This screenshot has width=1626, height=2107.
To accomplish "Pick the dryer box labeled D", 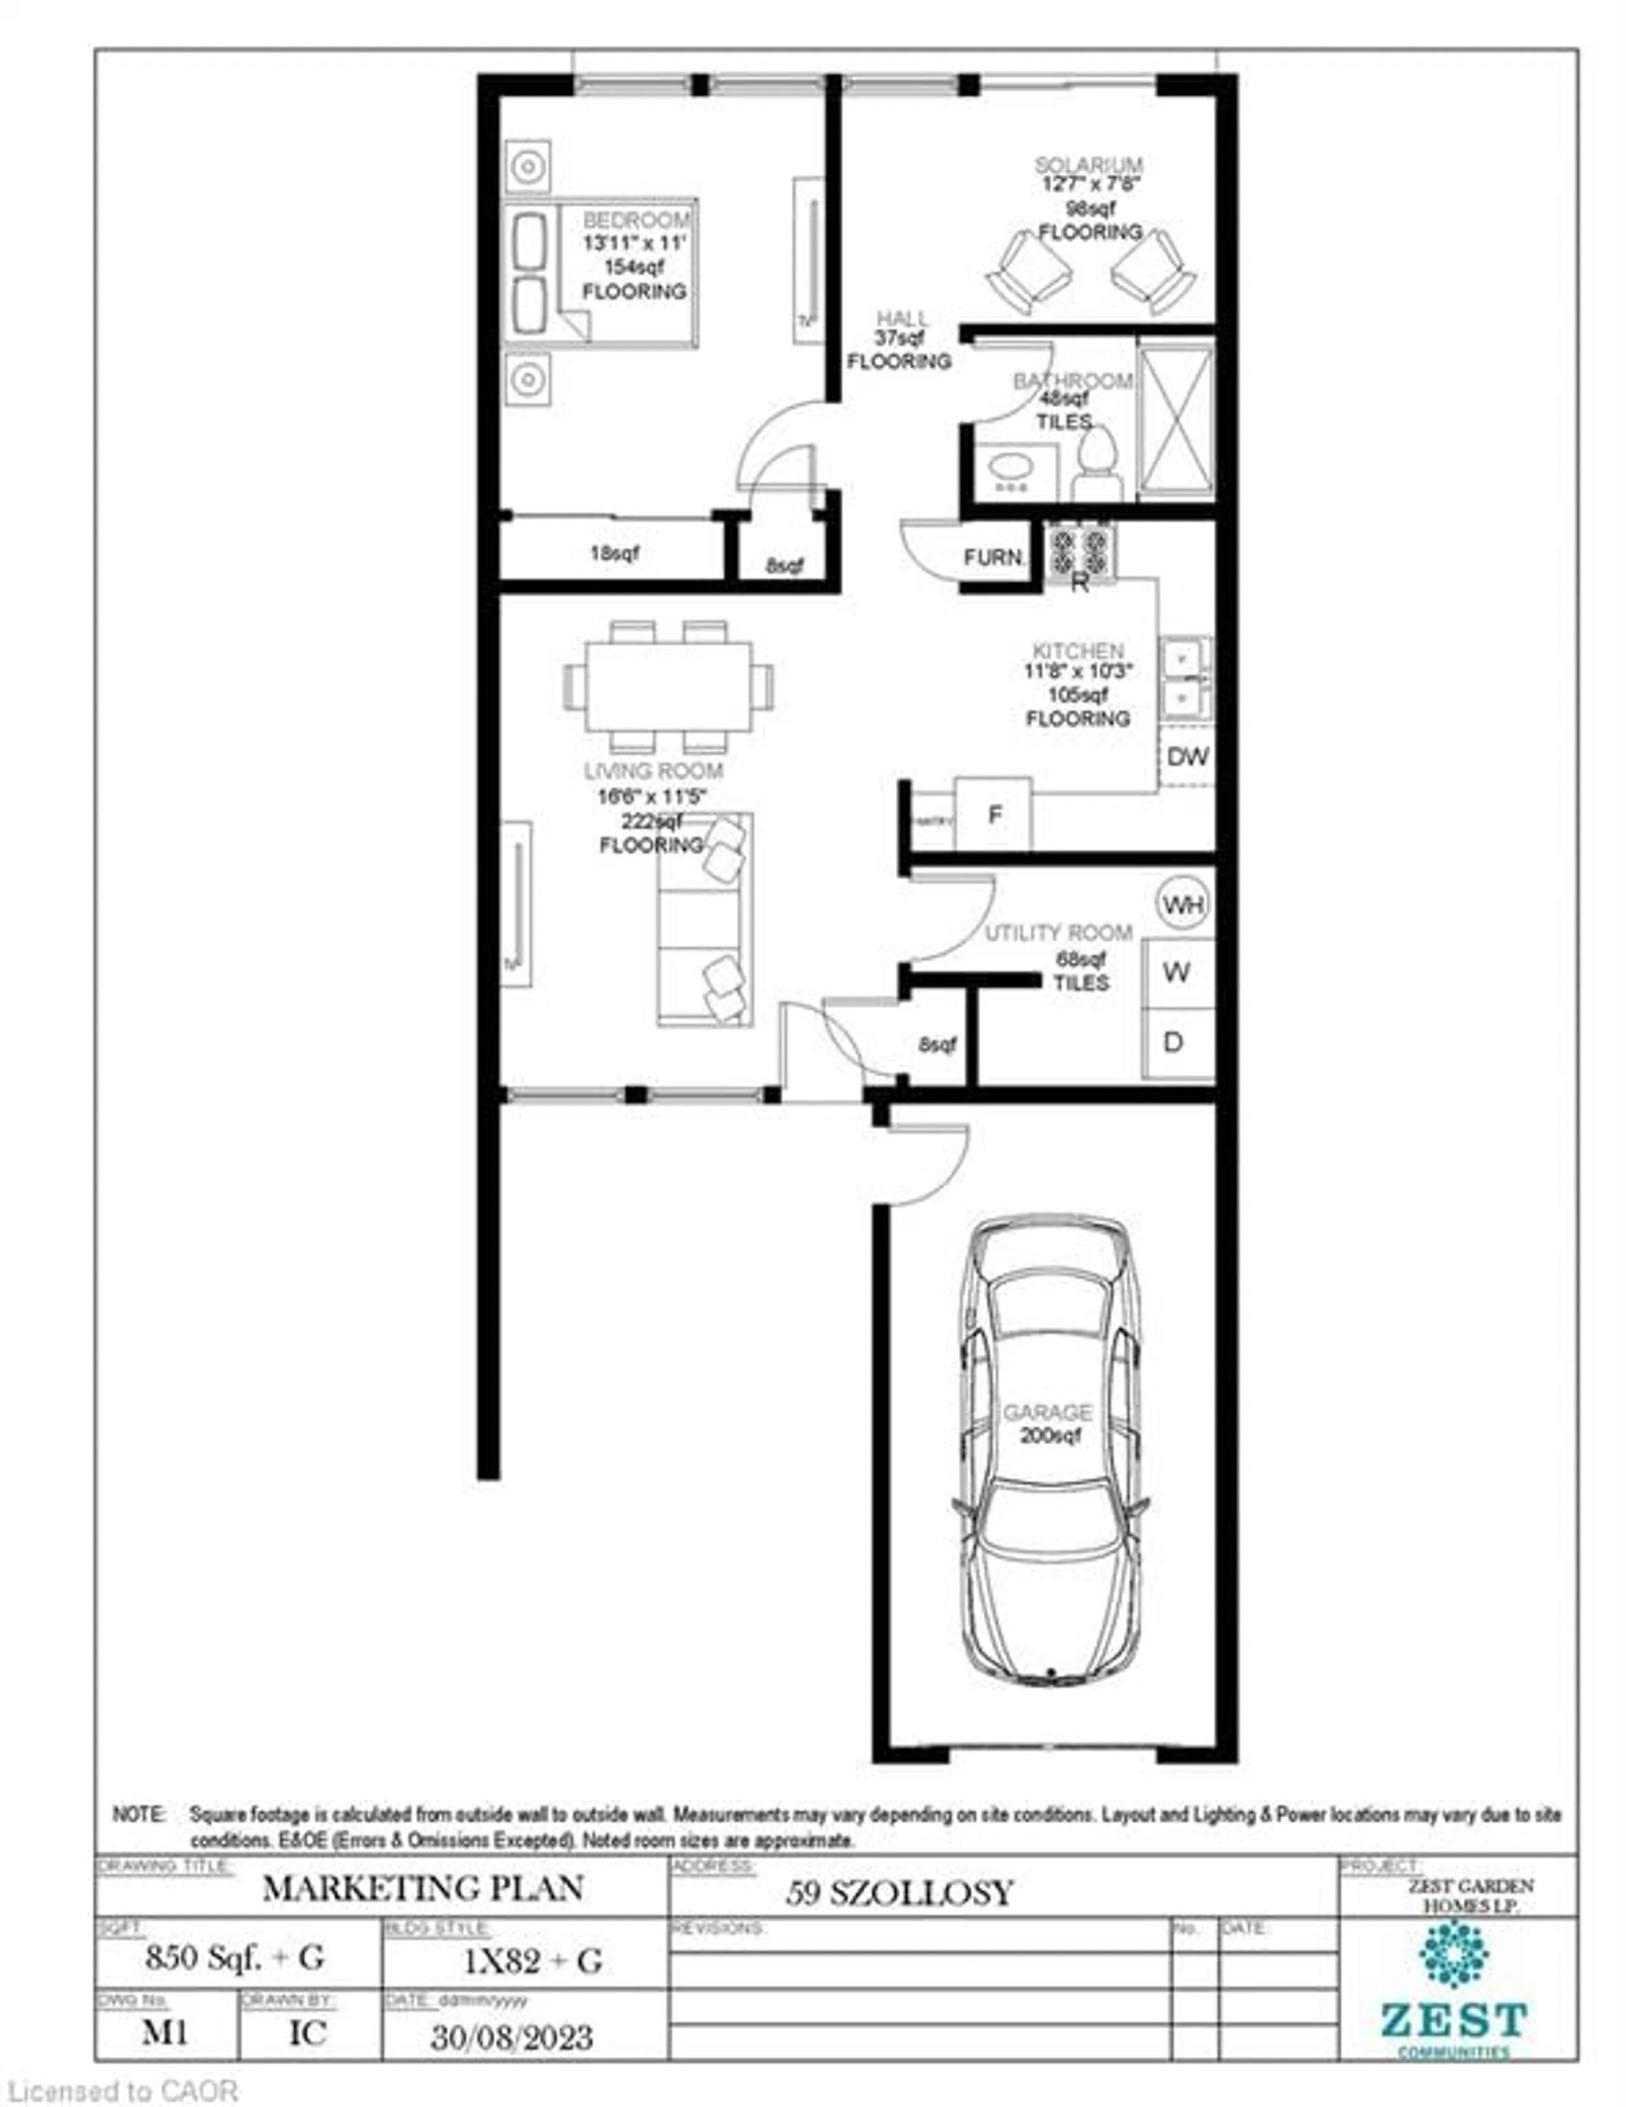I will coord(1175,1043).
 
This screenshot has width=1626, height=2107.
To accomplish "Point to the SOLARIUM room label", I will coord(1089,165).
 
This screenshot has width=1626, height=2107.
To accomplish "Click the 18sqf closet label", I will coord(614,554).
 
